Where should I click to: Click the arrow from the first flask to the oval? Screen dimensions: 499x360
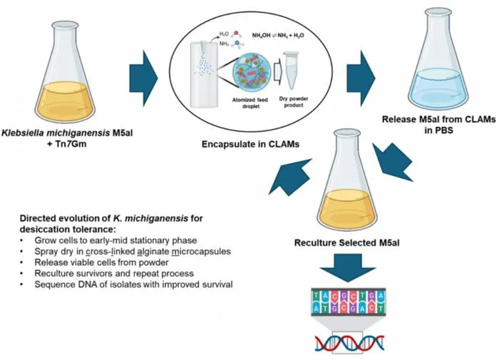coord(144,78)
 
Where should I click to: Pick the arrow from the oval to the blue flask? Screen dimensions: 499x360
coord(361,78)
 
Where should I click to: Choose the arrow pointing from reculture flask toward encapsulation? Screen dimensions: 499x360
coord(290,177)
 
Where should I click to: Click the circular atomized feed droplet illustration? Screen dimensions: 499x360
coord(252,71)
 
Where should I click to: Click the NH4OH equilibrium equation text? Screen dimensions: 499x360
coord(278,36)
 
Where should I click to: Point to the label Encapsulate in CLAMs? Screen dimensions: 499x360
coord(250,144)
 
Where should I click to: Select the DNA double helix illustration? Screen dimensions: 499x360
coord(349,343)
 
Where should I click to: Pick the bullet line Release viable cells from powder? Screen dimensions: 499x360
coord(101,262)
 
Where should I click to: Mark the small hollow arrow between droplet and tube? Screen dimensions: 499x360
coord(278,71)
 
